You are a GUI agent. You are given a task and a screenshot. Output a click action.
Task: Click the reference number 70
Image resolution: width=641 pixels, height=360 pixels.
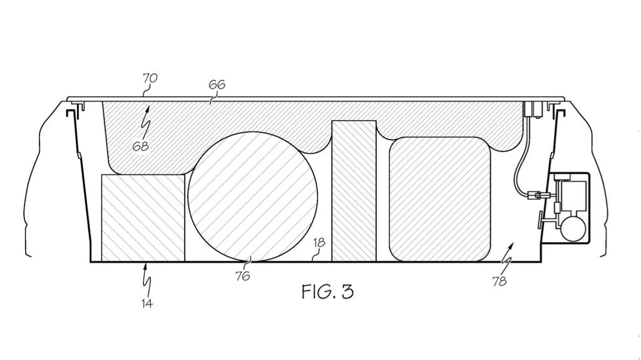coord(150,78)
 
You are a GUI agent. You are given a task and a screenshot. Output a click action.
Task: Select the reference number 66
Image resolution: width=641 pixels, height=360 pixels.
coord(217,85)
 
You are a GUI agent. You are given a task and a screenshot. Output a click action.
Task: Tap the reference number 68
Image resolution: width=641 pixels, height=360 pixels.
coord(140,146)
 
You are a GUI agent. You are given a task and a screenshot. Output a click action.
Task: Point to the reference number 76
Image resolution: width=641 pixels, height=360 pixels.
coord(242,276)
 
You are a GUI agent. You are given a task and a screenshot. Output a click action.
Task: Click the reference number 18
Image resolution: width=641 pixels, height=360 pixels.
coord(319,242)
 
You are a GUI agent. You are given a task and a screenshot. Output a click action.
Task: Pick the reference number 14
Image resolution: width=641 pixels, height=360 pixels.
coord(147,303)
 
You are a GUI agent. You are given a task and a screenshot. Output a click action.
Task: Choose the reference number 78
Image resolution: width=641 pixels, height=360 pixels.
coord(500,281)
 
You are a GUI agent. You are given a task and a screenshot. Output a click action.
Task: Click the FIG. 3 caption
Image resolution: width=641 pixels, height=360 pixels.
coord(327,292)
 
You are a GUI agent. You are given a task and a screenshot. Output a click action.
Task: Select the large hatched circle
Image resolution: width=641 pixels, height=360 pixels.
coord(253,197)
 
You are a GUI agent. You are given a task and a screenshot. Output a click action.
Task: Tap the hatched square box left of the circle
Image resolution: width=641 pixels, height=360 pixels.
coord(143,218)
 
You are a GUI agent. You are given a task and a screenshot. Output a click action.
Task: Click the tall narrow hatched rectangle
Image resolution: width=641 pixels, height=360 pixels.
coord(354,191)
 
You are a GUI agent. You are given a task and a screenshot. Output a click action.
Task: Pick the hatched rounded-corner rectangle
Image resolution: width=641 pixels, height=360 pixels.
coord(439,199)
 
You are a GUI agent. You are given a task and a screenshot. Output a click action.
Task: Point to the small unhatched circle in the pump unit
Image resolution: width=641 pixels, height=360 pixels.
coord(573,229)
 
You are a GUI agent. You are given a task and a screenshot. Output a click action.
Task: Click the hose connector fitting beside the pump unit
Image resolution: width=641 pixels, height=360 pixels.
coord(537,194)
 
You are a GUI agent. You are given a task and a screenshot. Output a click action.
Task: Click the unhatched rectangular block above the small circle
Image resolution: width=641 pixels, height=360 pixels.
coord(573,195)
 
